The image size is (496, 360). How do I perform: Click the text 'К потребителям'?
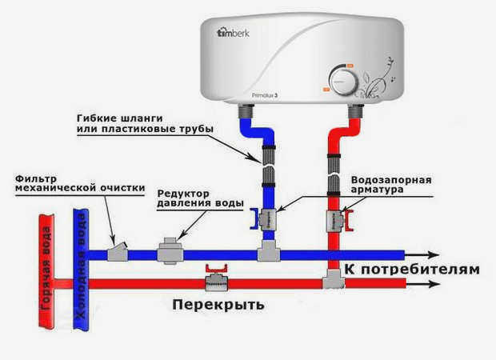click(413, 269)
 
